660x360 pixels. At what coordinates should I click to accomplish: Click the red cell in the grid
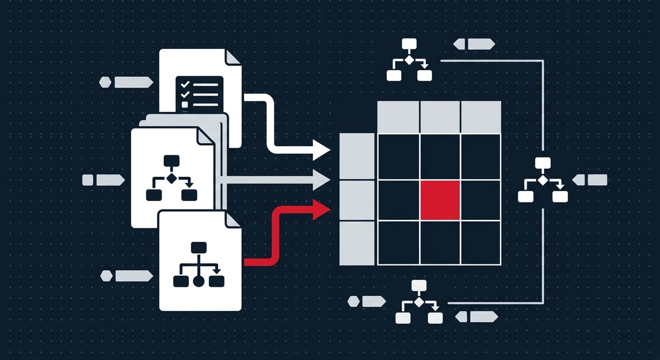pos(440,200)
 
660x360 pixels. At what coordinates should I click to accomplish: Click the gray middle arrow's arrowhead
pos(322,180)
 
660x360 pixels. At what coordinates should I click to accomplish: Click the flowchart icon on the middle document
pos(172,178)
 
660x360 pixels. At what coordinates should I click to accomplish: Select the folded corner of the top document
pos(233,57)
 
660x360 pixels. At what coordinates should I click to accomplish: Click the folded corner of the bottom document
pos(233,219)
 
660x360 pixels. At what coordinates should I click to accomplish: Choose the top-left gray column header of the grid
pos(398,117)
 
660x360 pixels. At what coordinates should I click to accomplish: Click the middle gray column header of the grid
pos(440,117)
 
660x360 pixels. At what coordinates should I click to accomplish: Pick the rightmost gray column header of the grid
pos(481,117)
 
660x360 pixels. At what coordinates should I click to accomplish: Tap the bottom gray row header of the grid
pos(357,243)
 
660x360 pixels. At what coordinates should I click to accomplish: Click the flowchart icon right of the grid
pos(543,180)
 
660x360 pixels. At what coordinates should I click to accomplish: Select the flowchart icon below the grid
pos(419,302)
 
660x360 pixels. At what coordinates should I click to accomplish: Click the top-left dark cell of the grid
pos(398,157)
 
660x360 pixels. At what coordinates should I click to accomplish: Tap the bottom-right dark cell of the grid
pos(481,243)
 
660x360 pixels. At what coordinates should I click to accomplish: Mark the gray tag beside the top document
pos(127,82)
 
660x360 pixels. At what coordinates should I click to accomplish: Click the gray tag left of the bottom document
pos(127,276)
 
